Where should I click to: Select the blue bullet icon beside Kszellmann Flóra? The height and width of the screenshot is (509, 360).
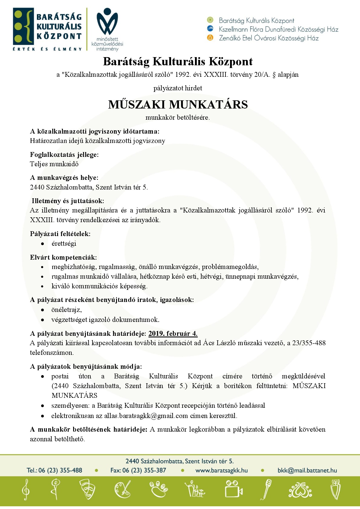click(x=210, y=29)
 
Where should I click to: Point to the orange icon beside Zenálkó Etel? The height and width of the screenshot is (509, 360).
click(x=210, y=38)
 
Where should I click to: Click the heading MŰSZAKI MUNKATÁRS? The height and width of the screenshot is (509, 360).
click(x=178, y=105)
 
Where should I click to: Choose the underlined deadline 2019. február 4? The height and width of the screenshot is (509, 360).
click(x=173, y=334)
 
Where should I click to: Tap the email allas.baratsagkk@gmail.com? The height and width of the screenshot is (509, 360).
click(x=146, y=416)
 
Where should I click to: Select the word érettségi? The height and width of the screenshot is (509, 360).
click(x=64, y=244)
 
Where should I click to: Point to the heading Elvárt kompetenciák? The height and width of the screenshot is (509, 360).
click(x=63, y=258)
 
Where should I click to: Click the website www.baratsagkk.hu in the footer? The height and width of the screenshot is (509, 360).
click(x=222, y=471)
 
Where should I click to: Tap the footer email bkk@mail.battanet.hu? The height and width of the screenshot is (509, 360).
click(x=307, y=471)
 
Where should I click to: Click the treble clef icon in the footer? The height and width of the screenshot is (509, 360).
click(x=26, y=489)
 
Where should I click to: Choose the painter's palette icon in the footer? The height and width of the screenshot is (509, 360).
click(x=122, y=489)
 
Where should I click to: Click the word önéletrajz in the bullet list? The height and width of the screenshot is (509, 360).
click(x=66, y=310)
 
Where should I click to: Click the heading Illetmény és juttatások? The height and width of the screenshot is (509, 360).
click(x=68, y=201)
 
